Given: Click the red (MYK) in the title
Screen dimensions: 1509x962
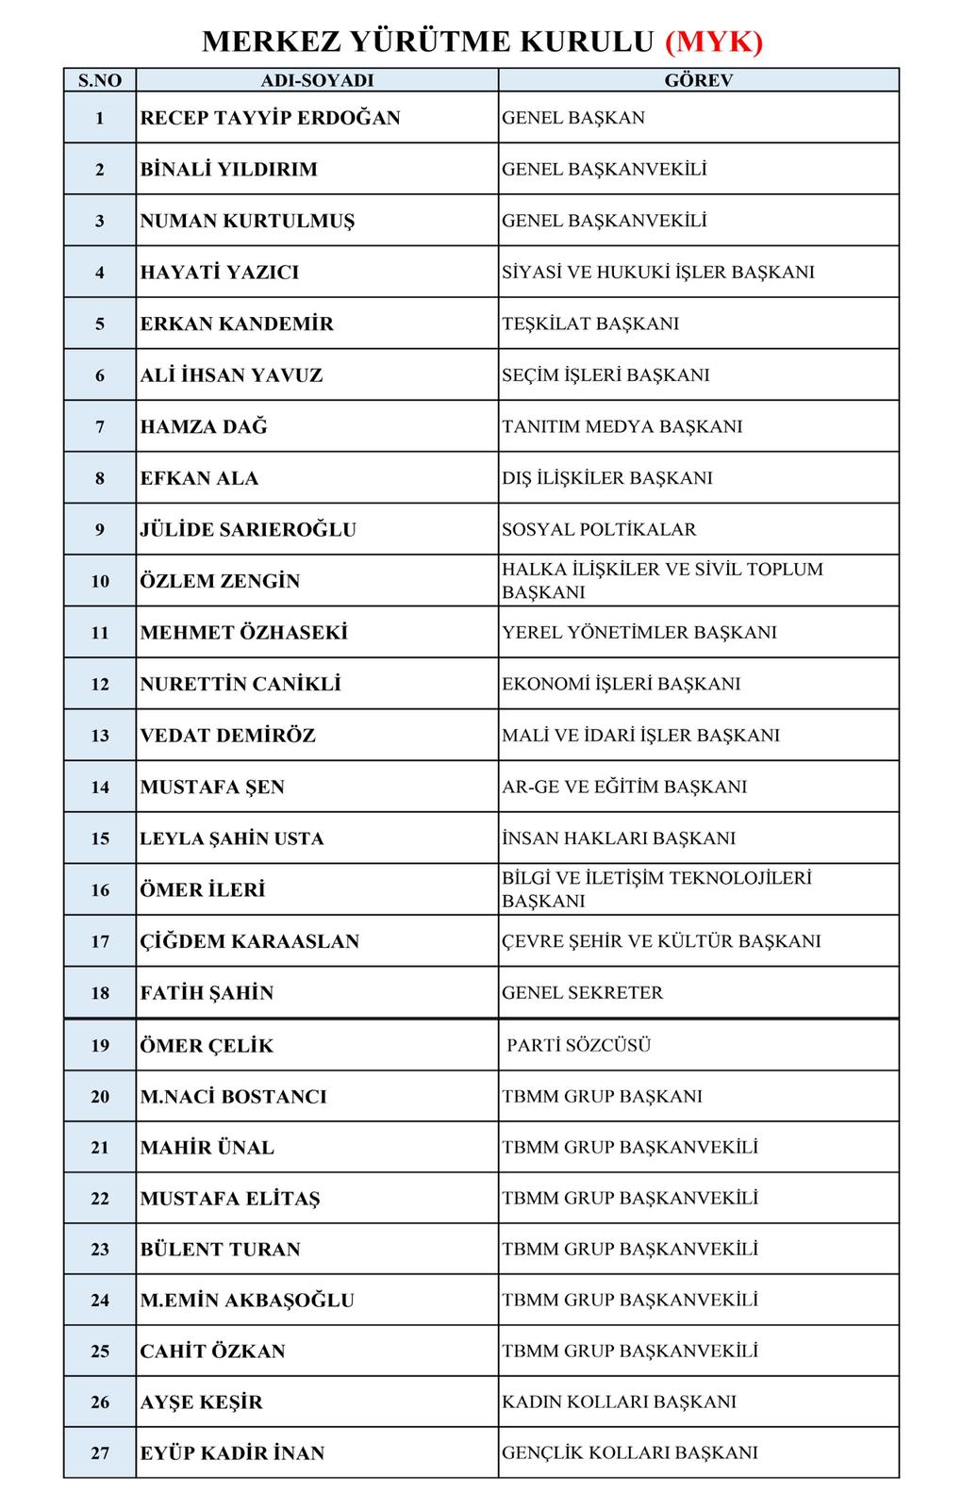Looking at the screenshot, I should [714, 41].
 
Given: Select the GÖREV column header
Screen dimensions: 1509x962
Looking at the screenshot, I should [698, 80].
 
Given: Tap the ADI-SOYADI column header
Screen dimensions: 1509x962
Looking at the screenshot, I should [317, 80].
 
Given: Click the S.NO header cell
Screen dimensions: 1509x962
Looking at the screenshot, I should [100, 80].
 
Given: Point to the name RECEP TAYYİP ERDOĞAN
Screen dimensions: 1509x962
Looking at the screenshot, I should [270, 118].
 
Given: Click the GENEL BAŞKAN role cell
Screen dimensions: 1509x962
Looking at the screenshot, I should [573, 118].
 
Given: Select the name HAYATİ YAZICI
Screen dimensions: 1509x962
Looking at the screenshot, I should [220, 273].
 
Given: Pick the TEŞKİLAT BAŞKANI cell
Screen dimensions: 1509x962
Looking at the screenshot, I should [590, 323].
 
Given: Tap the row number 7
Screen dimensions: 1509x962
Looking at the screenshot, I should [100, 426].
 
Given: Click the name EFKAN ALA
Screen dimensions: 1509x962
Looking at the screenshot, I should [199, 478].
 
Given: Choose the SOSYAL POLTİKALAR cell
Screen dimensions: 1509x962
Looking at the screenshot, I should [599, 529].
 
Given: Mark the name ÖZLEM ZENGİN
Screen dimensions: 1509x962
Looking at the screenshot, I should [220, 581].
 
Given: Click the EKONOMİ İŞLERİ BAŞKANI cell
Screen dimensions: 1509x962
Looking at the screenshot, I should [621, 684].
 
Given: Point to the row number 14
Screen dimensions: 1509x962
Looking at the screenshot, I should [100, 787].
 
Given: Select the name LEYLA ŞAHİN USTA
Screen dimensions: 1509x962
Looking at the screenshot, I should [232, 838].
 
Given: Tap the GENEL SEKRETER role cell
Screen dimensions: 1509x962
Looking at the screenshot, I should [582, 992].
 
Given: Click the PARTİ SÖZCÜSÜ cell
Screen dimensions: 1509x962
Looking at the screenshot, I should [579, 1045].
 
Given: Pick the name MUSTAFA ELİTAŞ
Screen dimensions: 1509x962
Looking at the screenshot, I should [230, 1199].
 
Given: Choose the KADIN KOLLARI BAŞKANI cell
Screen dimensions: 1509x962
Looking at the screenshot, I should [619, 1401].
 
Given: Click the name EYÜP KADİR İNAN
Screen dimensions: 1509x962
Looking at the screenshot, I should [232, 1453].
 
